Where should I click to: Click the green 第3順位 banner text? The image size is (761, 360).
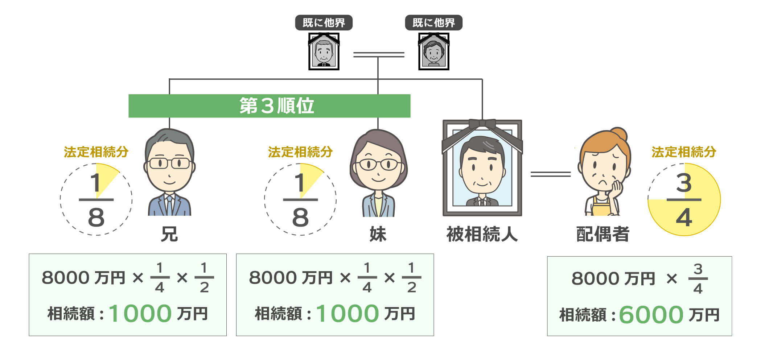pyautogui.click(x=276, y=106)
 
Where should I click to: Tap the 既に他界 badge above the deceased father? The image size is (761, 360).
pyautogui.click(x=324, y=23)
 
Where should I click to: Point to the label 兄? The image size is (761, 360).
pyautogui.click(x=169, y=234)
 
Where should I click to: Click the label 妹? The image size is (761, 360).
pyautogui.click(x=378, y=234)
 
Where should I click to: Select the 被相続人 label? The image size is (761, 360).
pyautogui.click(x=482, y=234)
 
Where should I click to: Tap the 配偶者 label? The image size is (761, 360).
pyautogui.click(x=602, y=234)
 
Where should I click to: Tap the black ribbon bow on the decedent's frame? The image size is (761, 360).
pyautogui.click(x=482, y=124)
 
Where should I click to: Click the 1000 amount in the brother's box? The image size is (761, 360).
pyautogui.click(x=140, y=313)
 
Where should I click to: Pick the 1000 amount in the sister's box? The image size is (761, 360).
pyautogui.click(x=347, y=313)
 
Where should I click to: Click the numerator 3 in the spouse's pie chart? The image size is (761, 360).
pyautogui.click(x=684, y=183)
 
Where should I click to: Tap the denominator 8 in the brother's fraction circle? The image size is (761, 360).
pyautogui.click(x=96, y=218)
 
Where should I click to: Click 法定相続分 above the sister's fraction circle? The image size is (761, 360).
pyautogui.click(x=300, y=152)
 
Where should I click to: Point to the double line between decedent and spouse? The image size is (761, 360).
pyautogui.click(x=550, y=174)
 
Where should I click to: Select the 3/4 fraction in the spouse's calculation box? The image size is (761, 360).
pyautogui.click(x=698, y=279)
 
